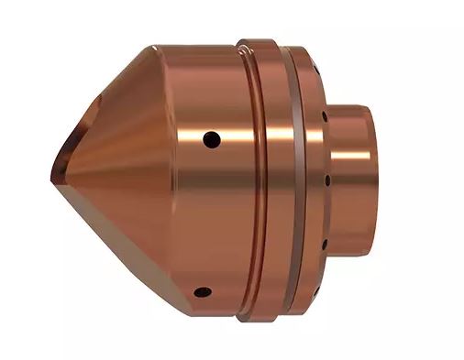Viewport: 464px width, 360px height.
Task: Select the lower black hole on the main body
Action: click(203, 293)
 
